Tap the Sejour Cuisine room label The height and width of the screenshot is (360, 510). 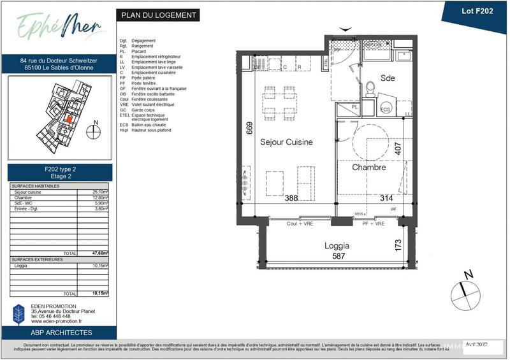pyautogui.click(x=286, y=143)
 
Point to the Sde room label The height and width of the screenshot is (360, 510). pyautogui.click(x=388, y=78)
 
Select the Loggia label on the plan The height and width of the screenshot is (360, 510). pyautogui.click(x=337, y=245)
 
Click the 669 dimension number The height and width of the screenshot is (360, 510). pyautogui.click(x=250, y=130)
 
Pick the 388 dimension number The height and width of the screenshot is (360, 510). pyautogui.click(x=291, y=199)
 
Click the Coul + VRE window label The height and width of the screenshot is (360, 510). pyautogui.click(x=300, y=224)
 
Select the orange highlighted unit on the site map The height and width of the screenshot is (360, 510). pyautogui.click(x=69, y=119)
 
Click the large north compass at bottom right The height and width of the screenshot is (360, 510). pyautogui.click(x=465, y=293)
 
